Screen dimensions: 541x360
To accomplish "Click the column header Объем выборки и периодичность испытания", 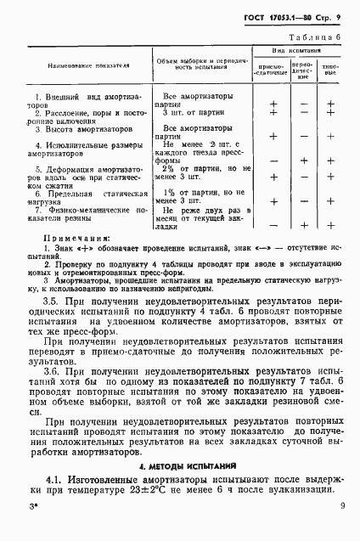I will (x=197, y=65).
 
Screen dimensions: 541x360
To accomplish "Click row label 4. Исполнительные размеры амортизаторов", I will (x=82, y=151).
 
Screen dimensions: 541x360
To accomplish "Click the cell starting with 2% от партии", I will (x=198, y=173).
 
